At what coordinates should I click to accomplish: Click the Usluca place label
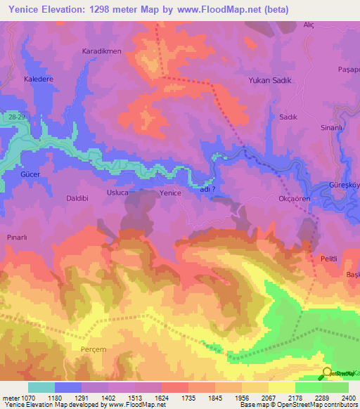(x=117, y=193)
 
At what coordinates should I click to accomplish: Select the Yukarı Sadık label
(x=268, y=80)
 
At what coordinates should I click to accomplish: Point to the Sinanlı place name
(x=331, y=128)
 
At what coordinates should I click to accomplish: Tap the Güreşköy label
(x=345, y=186)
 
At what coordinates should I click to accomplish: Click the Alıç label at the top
(x=308, y=25)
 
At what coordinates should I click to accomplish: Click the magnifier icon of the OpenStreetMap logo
(x=326, y=373)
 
